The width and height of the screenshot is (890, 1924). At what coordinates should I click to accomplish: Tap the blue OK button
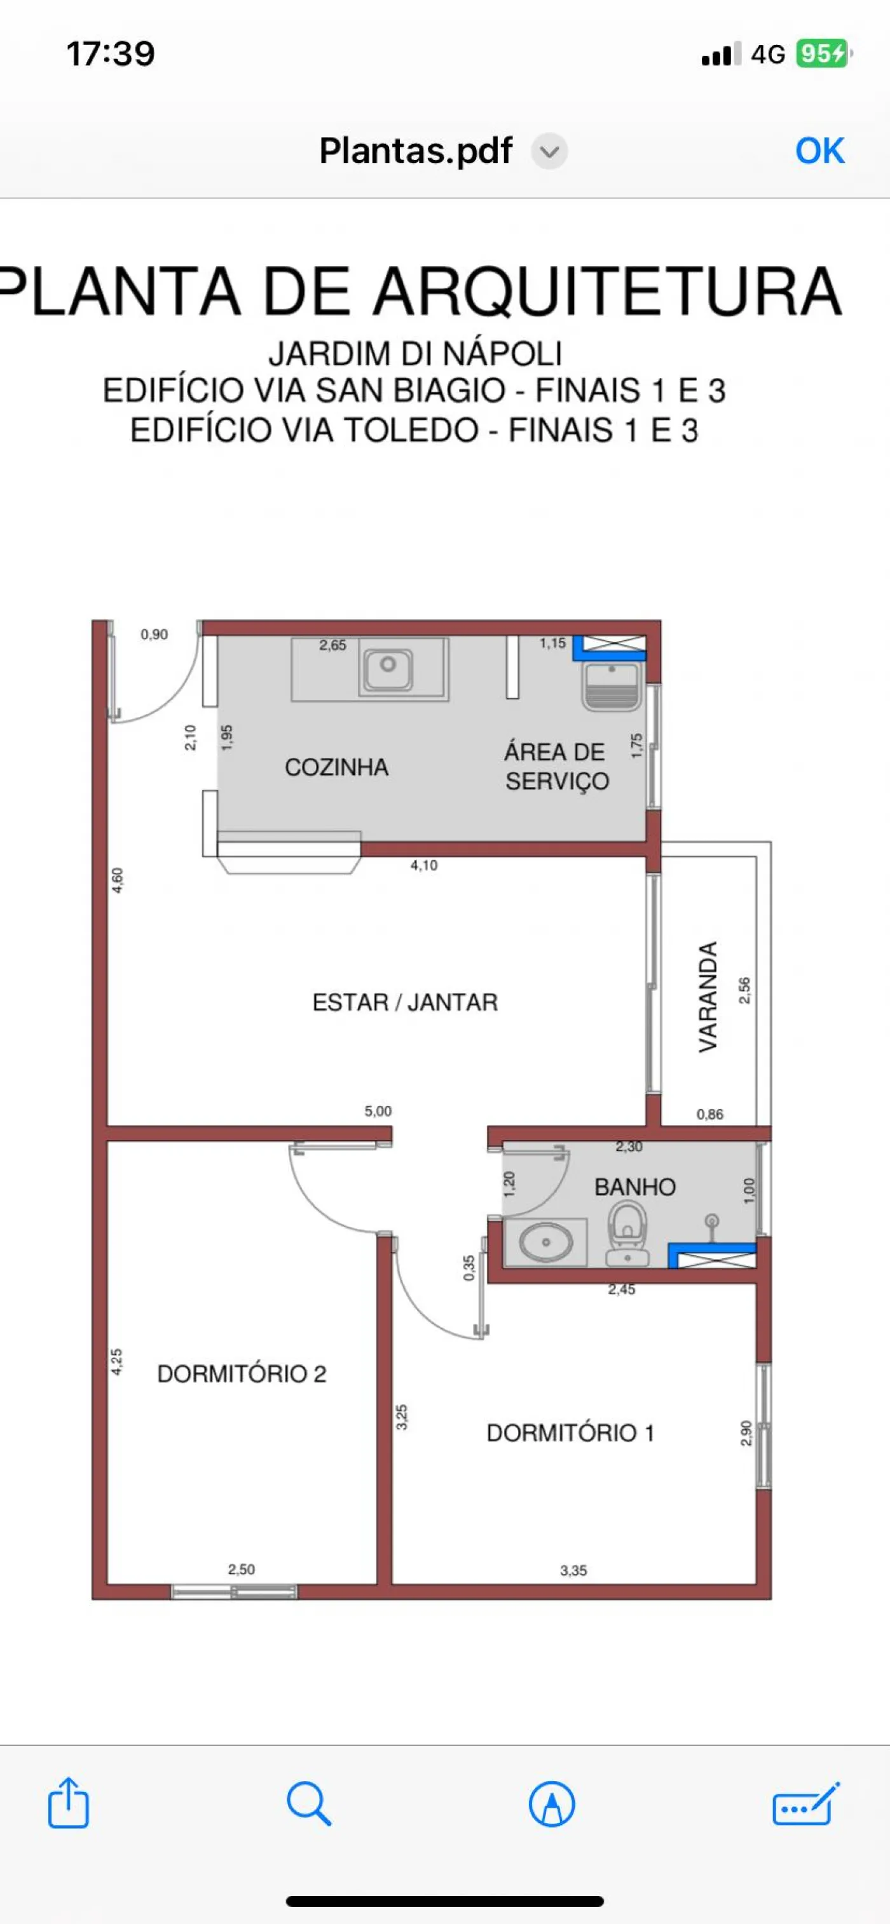(820, 151)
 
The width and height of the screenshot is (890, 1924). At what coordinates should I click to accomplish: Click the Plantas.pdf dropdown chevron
(549, 152)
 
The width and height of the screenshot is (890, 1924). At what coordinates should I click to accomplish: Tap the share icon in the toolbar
(69, 1803)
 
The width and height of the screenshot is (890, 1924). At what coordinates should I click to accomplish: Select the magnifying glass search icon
(308, 1804)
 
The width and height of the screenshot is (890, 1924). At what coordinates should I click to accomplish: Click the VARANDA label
(708, 997)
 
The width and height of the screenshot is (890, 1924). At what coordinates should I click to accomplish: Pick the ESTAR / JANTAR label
(405, 1002)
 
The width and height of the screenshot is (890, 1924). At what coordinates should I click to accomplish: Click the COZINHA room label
(336, 767)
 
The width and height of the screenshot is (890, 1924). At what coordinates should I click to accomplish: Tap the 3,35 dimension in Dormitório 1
(574, 1570)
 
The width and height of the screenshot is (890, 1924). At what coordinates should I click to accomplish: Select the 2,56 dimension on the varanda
(744, 990)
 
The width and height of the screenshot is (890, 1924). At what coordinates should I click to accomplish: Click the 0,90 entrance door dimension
(154, 634)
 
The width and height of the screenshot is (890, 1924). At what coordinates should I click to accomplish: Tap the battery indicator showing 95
(823, 54)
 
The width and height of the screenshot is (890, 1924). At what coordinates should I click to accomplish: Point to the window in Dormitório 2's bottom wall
(234, 1592)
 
